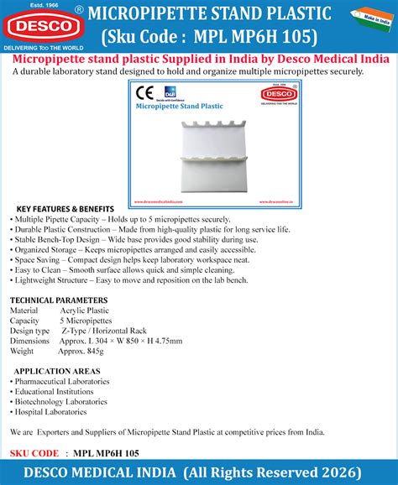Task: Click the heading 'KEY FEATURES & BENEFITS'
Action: pos(65,208)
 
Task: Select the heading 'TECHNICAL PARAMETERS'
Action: pos(57,300)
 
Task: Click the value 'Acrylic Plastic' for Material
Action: pos(86,310)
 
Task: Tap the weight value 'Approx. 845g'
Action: pos(82,352)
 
